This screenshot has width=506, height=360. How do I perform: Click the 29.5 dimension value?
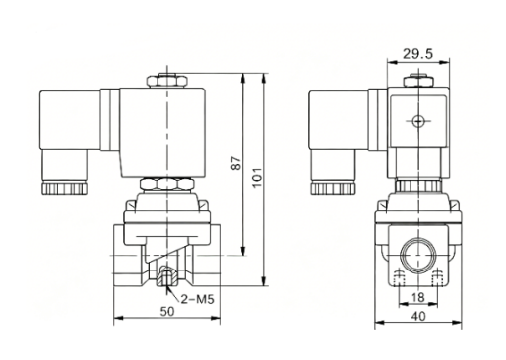click(x=417, y=54)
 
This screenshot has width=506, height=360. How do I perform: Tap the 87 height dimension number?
click(x=236, y=163)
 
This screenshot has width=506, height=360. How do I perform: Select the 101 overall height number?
click(x=258, y=177)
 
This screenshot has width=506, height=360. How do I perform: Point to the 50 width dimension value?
click(x=167, y=311)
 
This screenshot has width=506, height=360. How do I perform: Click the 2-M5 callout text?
click(x=197, y=299)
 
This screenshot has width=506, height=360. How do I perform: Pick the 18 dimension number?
click(x=417, y=297)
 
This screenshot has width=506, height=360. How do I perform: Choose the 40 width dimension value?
click(x=418, y=316)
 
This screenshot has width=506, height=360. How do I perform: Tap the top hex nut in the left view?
click(x=167, y=81)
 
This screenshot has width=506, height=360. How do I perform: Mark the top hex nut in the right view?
click(x=418, y=81)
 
